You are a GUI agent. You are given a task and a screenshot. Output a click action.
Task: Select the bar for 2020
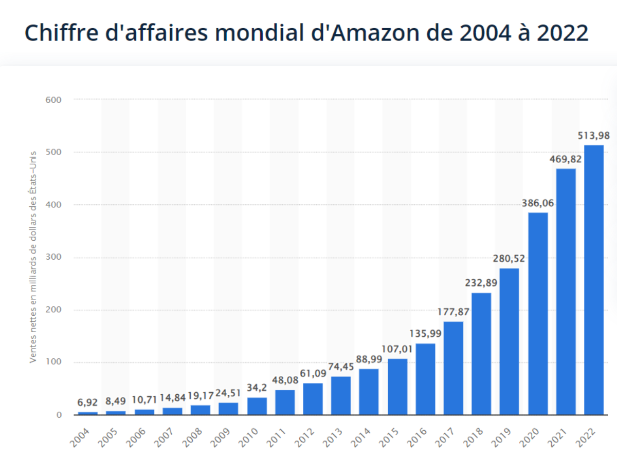point(538,313)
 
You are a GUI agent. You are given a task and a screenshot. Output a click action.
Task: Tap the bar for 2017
point(453,368)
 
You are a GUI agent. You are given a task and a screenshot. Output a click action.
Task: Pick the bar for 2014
point(369,391)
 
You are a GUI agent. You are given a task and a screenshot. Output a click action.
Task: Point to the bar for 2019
point(510,341)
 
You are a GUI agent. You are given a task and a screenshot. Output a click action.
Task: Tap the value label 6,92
point(87,402)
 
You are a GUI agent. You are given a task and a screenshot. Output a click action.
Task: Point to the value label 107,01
point(397,349)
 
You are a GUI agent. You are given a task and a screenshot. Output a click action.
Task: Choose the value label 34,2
point(257,388)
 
